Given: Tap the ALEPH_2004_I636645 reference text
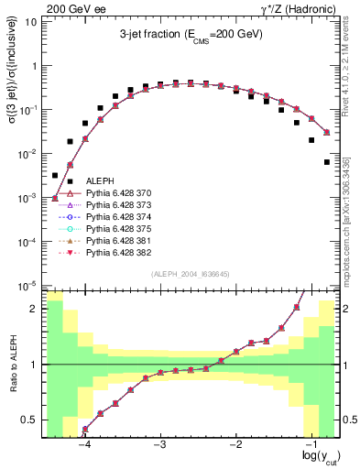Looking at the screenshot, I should coord(191,274).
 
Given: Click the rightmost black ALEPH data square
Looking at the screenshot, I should coord(327,162).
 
